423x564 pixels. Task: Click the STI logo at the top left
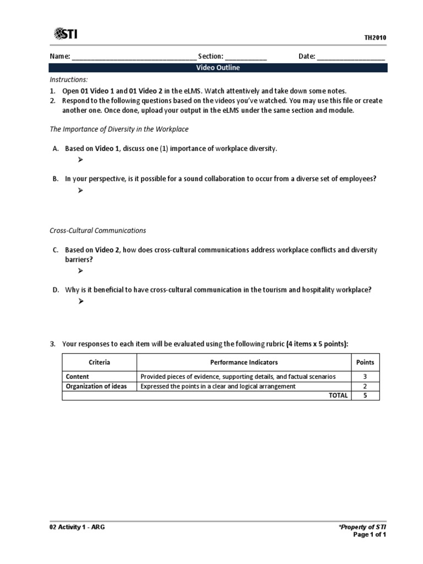coord(66,34)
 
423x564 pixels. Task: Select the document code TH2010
coord(375,37)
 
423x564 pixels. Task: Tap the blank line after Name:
coord(134,57)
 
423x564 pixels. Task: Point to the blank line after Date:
coord(351,57)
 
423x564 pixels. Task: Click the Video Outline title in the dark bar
coord(218,68)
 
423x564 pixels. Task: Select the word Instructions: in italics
coord(69,80)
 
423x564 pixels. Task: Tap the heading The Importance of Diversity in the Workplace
coord(119,129)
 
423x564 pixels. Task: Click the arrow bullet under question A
coord(80,160)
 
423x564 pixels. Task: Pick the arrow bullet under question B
coord(80,190)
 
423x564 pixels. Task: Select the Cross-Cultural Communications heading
coord(98,230)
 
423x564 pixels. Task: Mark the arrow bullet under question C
coord(80,271)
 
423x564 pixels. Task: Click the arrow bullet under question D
coord(80,301)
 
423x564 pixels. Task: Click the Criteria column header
coord(99,362)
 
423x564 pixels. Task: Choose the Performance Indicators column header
coord(244,362)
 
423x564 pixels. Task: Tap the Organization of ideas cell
coord(96,386)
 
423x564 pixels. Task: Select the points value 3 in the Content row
coord(365,377)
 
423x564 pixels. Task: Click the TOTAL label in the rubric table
coord(338,395)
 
